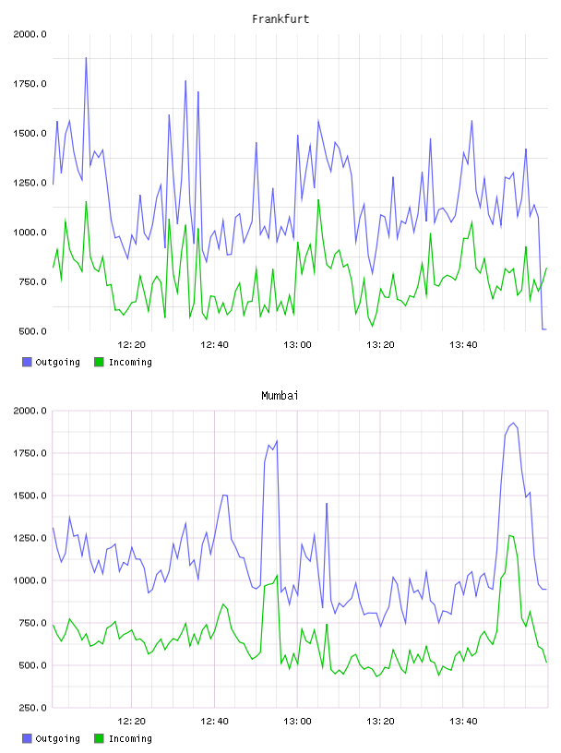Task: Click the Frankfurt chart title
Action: click(280, 19)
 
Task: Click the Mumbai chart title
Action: click(280, 396)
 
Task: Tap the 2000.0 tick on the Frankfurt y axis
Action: click(30, 34)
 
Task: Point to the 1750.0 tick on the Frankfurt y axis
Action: click(30, 84)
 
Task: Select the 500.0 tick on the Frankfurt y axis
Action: click(32, 331)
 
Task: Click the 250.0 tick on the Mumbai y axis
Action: click(32, 708)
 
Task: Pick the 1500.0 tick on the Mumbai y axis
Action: click(30, 496)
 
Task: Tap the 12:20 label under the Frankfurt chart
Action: click(131, 345)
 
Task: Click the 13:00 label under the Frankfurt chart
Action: click(297, 345)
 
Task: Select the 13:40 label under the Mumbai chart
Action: click(463, 722)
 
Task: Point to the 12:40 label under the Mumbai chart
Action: click(214, 722)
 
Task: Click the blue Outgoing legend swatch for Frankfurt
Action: click(27, 362)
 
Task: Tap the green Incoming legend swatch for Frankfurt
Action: click(99, 362)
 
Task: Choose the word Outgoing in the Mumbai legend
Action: click(57, 738)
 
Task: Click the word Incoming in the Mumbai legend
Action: click(130, 738)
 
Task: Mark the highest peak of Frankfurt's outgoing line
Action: click(86, 58)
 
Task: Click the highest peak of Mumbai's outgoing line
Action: click(513, 423)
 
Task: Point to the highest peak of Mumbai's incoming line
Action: click(509, 535)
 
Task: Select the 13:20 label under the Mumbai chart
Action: click(380, 722)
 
